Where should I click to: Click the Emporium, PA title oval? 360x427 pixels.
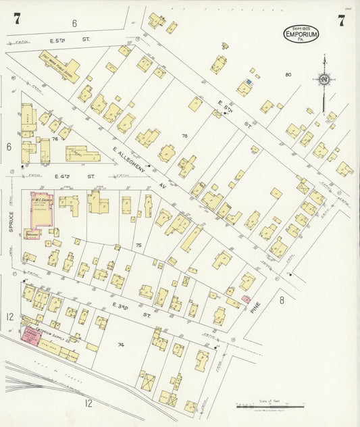[301, 33]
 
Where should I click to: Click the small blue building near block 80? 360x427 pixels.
[249, 82]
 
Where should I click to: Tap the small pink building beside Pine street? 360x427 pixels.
[246, 299]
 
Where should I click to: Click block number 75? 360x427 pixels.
[138, 245]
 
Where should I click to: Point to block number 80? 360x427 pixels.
[288, 75]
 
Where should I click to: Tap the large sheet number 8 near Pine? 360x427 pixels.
[282, 300]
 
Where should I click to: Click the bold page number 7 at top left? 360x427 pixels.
[16, 20]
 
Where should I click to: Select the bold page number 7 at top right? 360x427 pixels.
[342, 20]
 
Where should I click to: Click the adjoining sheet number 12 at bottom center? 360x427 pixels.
[88, 403]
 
